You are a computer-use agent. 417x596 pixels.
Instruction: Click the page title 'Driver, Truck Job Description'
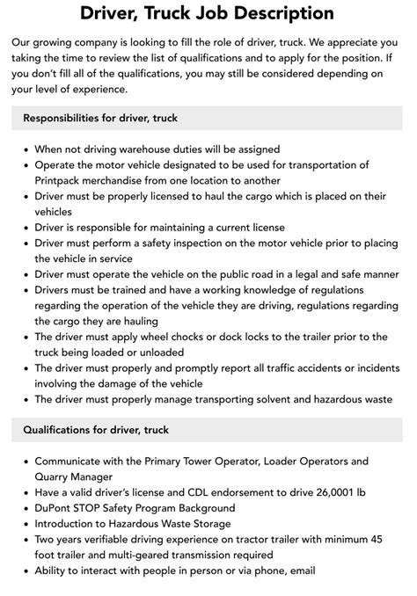point(208,13)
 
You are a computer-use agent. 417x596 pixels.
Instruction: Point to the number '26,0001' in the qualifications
point(332,491)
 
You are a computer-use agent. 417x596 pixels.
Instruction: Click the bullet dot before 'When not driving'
point(25,149)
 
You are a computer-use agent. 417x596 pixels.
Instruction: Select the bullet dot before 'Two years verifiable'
point(25,539)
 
